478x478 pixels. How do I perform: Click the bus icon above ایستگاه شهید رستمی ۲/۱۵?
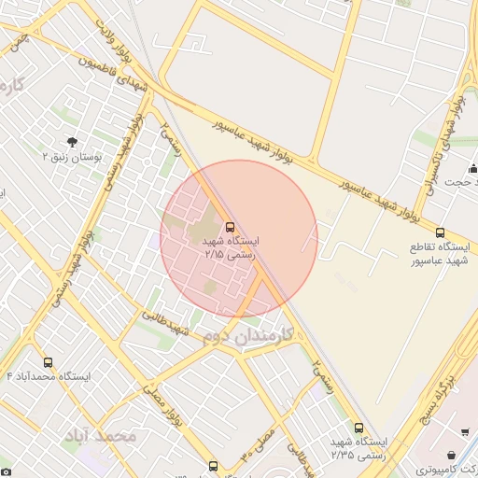pos(231,227)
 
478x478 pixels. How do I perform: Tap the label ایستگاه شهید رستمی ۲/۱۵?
pos(231,246)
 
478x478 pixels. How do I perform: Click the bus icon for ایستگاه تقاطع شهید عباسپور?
pos(440,232)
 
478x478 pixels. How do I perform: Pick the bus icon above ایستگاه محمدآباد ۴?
pos(48,362)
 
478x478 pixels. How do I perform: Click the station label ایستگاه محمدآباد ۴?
pos(48,376)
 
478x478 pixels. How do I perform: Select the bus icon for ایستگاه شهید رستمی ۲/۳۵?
pos(359,428)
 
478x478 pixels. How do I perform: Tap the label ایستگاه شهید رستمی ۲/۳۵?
pos(358,447)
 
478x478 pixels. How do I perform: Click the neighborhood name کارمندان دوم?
pos(247,333)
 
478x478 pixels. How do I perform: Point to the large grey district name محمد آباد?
pos(100,436)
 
